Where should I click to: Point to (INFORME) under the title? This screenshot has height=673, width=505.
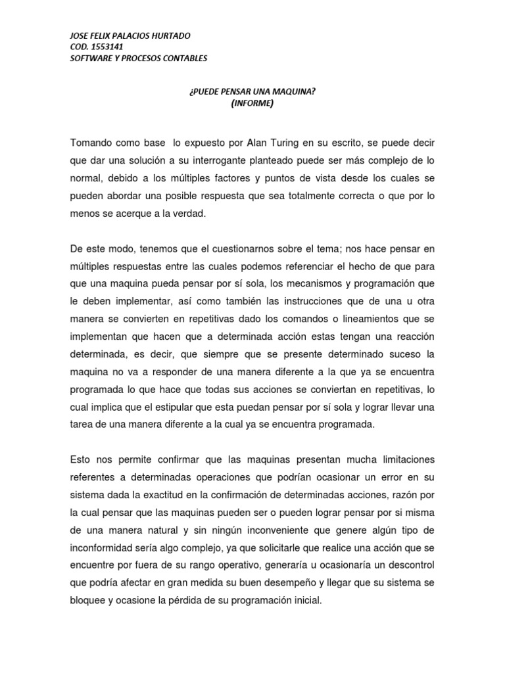pyautogui.click(x=252, y=103)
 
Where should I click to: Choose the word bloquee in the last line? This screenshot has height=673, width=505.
pyautogui.click(x=90, y=600)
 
